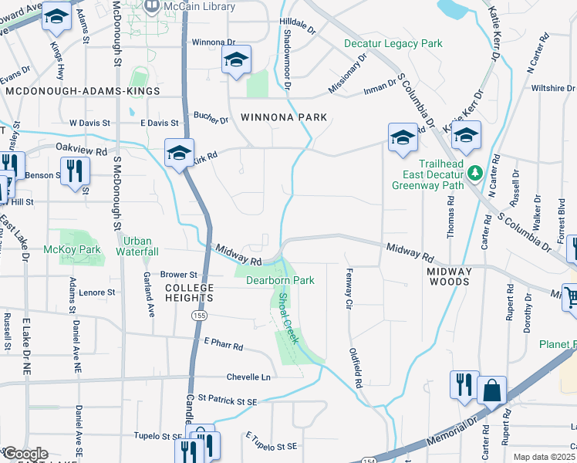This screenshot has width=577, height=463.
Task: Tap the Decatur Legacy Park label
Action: [393, 44]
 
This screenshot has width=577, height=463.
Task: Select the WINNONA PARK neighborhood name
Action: [283, 117]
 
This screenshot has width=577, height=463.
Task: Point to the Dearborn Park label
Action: [280, 280]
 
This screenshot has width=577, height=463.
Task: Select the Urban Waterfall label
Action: [137, 246]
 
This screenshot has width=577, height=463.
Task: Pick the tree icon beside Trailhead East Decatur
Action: [476, 171]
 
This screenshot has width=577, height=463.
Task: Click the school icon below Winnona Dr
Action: [237, 59]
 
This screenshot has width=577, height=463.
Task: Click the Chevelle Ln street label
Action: [248, 377]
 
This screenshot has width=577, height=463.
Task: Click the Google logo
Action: [25, 455]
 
